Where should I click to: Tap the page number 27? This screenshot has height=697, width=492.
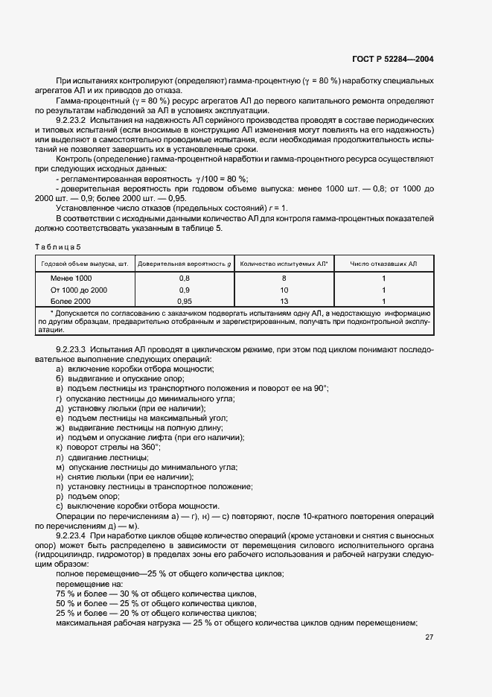(x=429, y=637)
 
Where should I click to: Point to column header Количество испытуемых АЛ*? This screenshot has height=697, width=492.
(x=284, y=264)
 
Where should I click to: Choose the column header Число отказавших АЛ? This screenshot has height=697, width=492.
(x=383, y=264)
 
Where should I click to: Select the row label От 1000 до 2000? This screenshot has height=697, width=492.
(x=79, y=289)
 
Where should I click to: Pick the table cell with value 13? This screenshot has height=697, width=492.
(x=284, y=300)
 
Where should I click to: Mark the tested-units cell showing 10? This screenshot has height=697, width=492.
(x=284, y=289)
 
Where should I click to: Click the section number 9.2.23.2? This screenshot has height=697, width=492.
(x=72, y=120)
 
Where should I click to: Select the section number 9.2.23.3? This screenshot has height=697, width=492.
(x=72, y=349)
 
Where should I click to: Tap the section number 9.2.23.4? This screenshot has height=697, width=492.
(x=72, y=535)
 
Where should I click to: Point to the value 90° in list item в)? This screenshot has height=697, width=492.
(x=319, y=388)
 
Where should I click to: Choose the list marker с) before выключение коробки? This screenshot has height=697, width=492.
(x=60, y=505)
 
